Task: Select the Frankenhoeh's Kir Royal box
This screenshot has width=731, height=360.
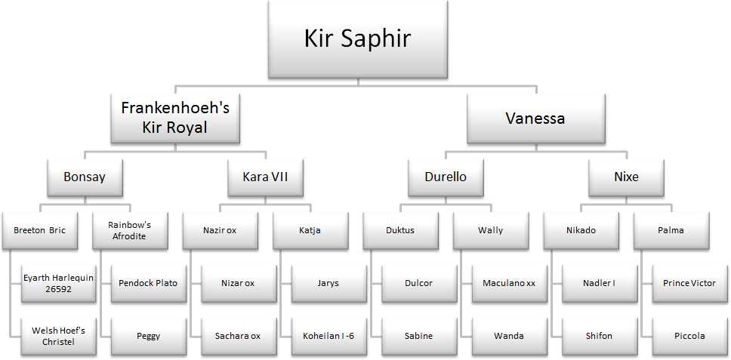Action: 174,118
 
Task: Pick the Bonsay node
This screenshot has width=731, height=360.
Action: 85,177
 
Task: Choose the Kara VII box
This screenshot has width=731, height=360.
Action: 265,177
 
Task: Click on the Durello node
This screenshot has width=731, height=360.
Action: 446,177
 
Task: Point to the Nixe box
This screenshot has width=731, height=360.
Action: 626,177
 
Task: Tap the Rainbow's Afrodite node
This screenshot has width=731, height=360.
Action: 131,230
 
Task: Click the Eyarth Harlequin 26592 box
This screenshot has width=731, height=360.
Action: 58,283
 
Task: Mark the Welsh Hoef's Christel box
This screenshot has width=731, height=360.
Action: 58,336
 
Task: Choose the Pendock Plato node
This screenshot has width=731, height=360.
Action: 148,283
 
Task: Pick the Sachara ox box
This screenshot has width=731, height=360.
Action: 238,336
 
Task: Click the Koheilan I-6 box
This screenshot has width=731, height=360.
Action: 328,336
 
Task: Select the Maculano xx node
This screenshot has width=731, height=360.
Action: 508,283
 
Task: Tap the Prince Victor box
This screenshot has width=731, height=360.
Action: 689,283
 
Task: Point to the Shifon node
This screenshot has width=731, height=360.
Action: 599,336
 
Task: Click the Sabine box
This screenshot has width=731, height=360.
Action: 418,336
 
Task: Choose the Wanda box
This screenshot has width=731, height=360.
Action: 508,336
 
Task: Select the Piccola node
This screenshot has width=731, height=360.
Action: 689,336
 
